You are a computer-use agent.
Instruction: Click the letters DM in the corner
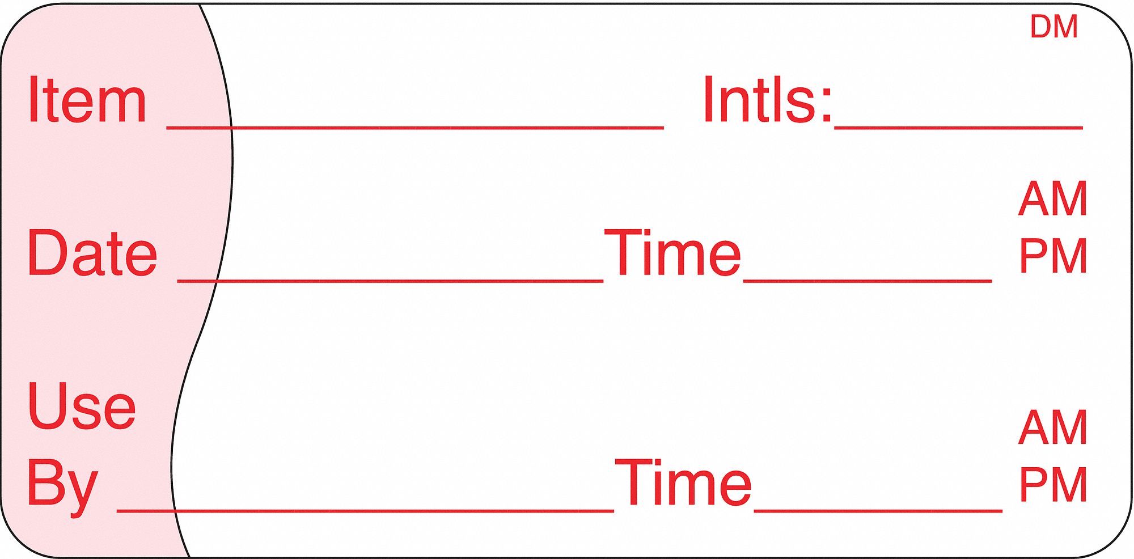coord(1053,27)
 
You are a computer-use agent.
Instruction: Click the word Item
coord(87,101)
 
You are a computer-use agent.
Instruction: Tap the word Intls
coord(760,101)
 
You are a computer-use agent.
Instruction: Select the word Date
coord(92,253)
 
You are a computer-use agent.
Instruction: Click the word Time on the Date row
coord(672,253)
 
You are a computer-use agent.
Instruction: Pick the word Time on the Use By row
coord(683,483)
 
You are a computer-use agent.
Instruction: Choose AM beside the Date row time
coord(1053,199)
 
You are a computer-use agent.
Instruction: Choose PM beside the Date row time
coord(1053,256)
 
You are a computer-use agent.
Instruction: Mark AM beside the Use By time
coord(1053,428)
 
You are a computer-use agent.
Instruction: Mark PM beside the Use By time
coord(1053,485)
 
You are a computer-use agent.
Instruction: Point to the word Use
coord(82,406)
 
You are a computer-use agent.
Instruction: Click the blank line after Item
coord(415,128)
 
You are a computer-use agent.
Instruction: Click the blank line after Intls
coord(958,128)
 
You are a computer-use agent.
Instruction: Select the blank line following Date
coord(390,281)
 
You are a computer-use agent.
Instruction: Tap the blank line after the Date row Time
coord(868,281)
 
